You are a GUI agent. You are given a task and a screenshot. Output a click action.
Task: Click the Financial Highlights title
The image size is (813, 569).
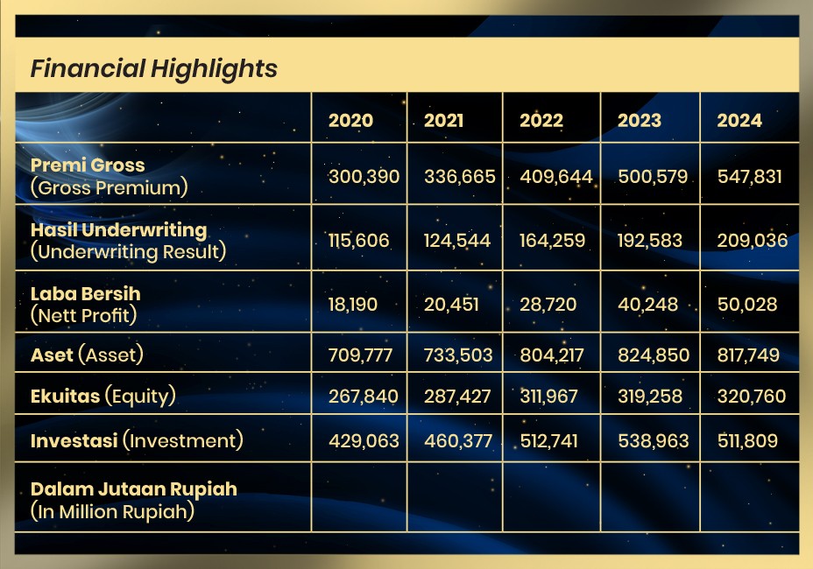[154, 69]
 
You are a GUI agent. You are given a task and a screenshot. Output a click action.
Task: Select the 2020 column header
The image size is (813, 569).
[350, 120]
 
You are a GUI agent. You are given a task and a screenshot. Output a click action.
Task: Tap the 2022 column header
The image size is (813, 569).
[541, 120]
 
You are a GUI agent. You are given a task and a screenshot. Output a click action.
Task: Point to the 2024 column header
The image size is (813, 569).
[739, 120]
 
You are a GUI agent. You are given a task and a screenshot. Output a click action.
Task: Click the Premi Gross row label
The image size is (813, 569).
[109, 176]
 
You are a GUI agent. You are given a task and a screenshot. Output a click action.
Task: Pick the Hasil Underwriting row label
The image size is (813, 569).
[128, 241]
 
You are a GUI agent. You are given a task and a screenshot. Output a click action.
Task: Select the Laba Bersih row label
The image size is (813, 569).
[86, 304]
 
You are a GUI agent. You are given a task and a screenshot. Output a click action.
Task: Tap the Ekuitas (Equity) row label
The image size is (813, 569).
[103, 396]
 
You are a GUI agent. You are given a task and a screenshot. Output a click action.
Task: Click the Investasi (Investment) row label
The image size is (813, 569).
[137, 440]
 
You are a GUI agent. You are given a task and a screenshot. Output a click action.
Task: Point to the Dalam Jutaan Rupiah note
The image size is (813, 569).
[134, 500]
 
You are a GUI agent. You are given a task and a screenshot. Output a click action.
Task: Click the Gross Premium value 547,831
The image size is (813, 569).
[749, 177]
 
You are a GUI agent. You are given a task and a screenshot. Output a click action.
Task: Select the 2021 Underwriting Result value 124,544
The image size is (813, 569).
[456, 241]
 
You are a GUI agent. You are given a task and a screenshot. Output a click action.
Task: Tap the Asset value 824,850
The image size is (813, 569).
[654, 355]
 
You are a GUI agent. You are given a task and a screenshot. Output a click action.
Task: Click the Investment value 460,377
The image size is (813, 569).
[458, 441]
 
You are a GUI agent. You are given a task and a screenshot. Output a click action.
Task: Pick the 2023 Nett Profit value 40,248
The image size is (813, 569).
[647, 304]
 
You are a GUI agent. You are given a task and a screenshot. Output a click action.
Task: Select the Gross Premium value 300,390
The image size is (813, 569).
[364, 177]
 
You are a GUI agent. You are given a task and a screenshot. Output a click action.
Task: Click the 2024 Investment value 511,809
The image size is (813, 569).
[747, 441]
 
